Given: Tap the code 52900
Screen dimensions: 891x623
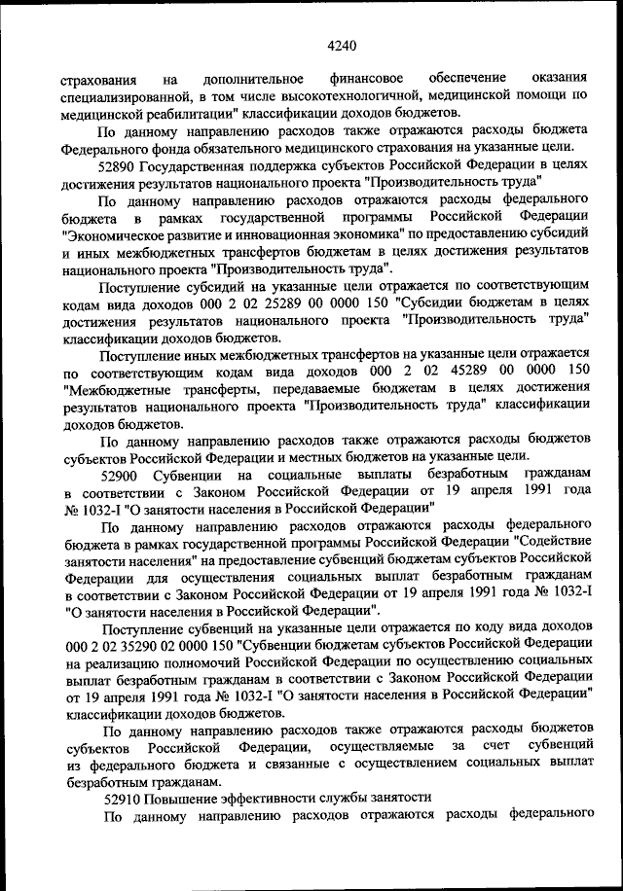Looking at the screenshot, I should click(x=122, y=475).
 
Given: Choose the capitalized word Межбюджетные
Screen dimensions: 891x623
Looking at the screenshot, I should click(x=112, y=390).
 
